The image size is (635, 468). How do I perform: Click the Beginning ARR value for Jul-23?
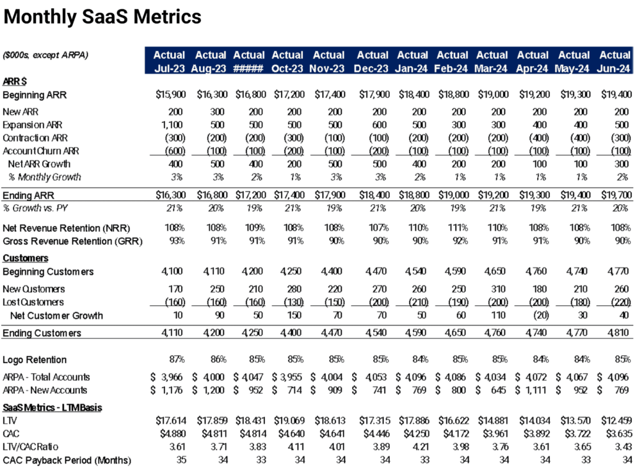click(x=170, y=95)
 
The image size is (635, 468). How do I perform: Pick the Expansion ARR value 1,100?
click(x=173, y=124)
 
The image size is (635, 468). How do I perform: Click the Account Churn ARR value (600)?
click(x=173, y=151)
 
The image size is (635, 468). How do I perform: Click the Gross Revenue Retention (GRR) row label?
click(x=72, y=241)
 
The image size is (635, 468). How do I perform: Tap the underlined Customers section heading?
click(x=26, y=257)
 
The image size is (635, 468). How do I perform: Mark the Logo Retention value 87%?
click(x=176, y=360)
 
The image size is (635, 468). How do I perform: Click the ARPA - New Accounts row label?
click(x=45, y=390)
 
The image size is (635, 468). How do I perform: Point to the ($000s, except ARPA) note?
click(x=45, y=55)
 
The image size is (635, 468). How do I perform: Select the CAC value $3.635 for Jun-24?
click(x=615, y=433)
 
